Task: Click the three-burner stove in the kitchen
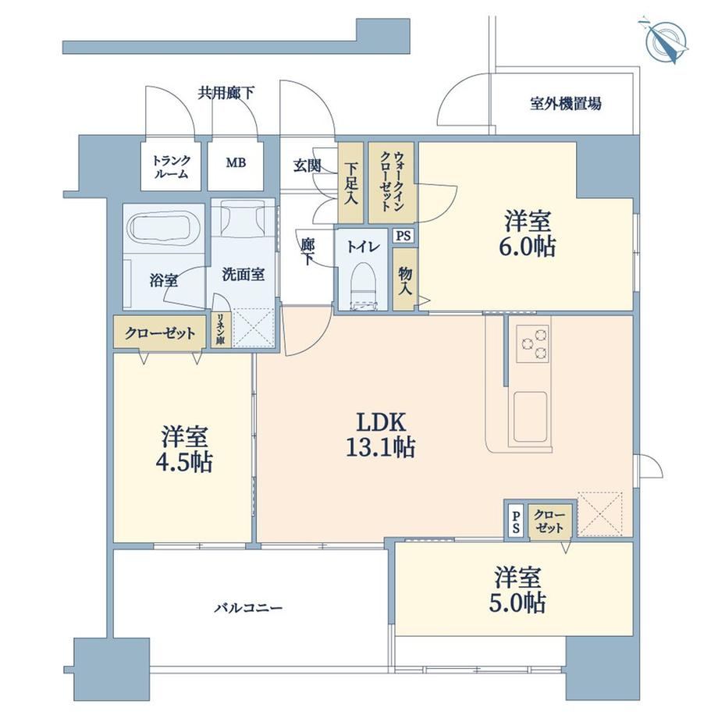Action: (532, 343)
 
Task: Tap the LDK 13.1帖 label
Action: (381, 435)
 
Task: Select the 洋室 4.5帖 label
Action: (184, 450)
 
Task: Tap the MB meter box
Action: (236, 165)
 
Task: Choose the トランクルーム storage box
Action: (171, 165)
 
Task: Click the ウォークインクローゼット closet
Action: (392, 183)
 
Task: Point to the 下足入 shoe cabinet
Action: (350, 183)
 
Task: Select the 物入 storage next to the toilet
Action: (405, 280)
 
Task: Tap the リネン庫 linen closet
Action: (221, 328)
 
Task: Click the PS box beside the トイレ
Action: (403, 236)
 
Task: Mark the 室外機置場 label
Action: (566, 104)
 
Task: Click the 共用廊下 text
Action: (226, 94)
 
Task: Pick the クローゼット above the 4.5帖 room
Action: (160, 333)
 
